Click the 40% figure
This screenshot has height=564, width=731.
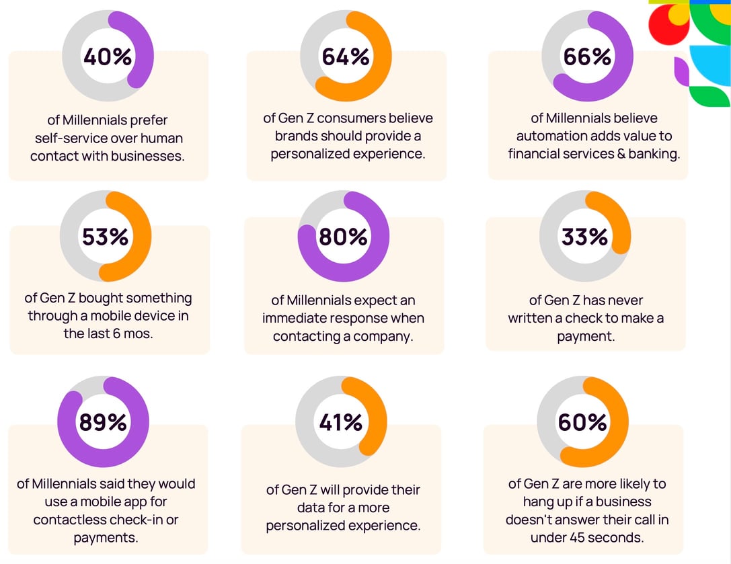(108, 57)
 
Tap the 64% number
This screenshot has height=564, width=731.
(346, 57)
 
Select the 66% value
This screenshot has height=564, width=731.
(587, 57)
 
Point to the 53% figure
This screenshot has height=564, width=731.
(106, 237)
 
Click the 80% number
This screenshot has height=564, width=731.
(343, 237)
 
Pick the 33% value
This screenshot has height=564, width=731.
(584, 237)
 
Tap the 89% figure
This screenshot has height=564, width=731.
(103, 422)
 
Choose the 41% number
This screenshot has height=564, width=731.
(341, 422)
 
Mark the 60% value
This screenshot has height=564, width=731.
(582, 422)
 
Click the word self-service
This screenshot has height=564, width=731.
(66, 138)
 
